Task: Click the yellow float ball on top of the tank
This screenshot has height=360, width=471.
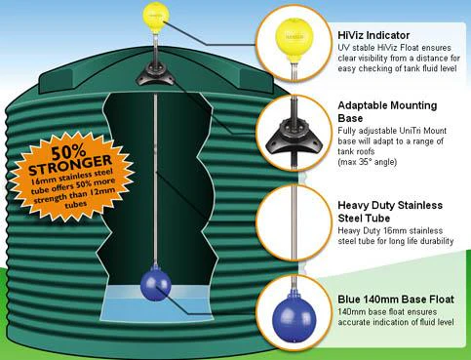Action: [x=156, y=17]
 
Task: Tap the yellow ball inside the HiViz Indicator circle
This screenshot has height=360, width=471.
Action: [x=294, y=37]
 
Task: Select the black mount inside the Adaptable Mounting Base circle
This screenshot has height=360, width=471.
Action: [x=294, y=137]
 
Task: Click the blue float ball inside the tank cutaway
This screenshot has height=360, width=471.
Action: [x=155, y=285]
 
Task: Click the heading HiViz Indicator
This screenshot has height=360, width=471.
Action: [x=373, y=35]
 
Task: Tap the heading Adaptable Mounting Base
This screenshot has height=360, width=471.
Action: [x=387, y=111]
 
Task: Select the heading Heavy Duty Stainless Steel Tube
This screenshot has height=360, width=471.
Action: [x=390, y=212]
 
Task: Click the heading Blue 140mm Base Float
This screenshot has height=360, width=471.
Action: [x=396, y=300]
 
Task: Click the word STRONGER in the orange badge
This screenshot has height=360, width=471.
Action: [x=70, y=164]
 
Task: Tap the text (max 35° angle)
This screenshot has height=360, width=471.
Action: [x=368, y=162]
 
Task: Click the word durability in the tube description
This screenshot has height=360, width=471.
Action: [x=437, y=241]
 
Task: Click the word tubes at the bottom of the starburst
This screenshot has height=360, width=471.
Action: [x=75, y=205]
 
